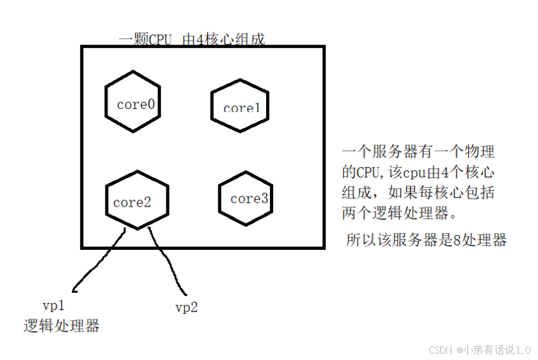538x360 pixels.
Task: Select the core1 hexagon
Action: click(x=240, y=106)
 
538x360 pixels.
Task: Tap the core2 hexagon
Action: click(x=137, y=199)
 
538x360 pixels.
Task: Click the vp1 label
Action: click(x=53, y=304)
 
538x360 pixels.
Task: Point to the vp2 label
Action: click(x=186, y=307)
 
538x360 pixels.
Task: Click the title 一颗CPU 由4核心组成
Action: click(x=192, y=39)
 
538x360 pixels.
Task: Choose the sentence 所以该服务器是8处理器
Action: click(x=426, y=240)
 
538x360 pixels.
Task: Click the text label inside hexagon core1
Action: click(x=241, y=108)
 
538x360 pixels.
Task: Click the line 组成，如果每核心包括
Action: click(x=418, y=193)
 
